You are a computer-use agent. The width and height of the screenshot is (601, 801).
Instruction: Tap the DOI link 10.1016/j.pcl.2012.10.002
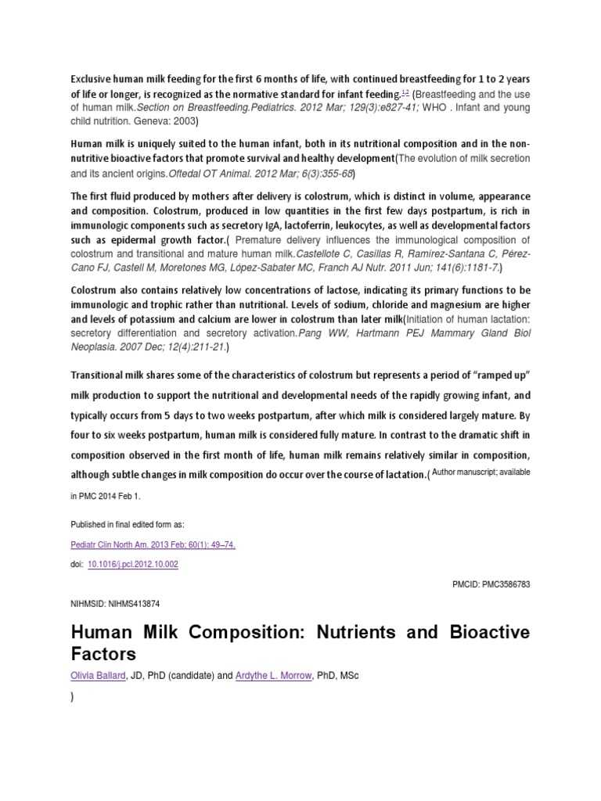coord(132,563)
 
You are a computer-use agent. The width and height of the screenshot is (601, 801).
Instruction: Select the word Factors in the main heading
coord(103,653)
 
